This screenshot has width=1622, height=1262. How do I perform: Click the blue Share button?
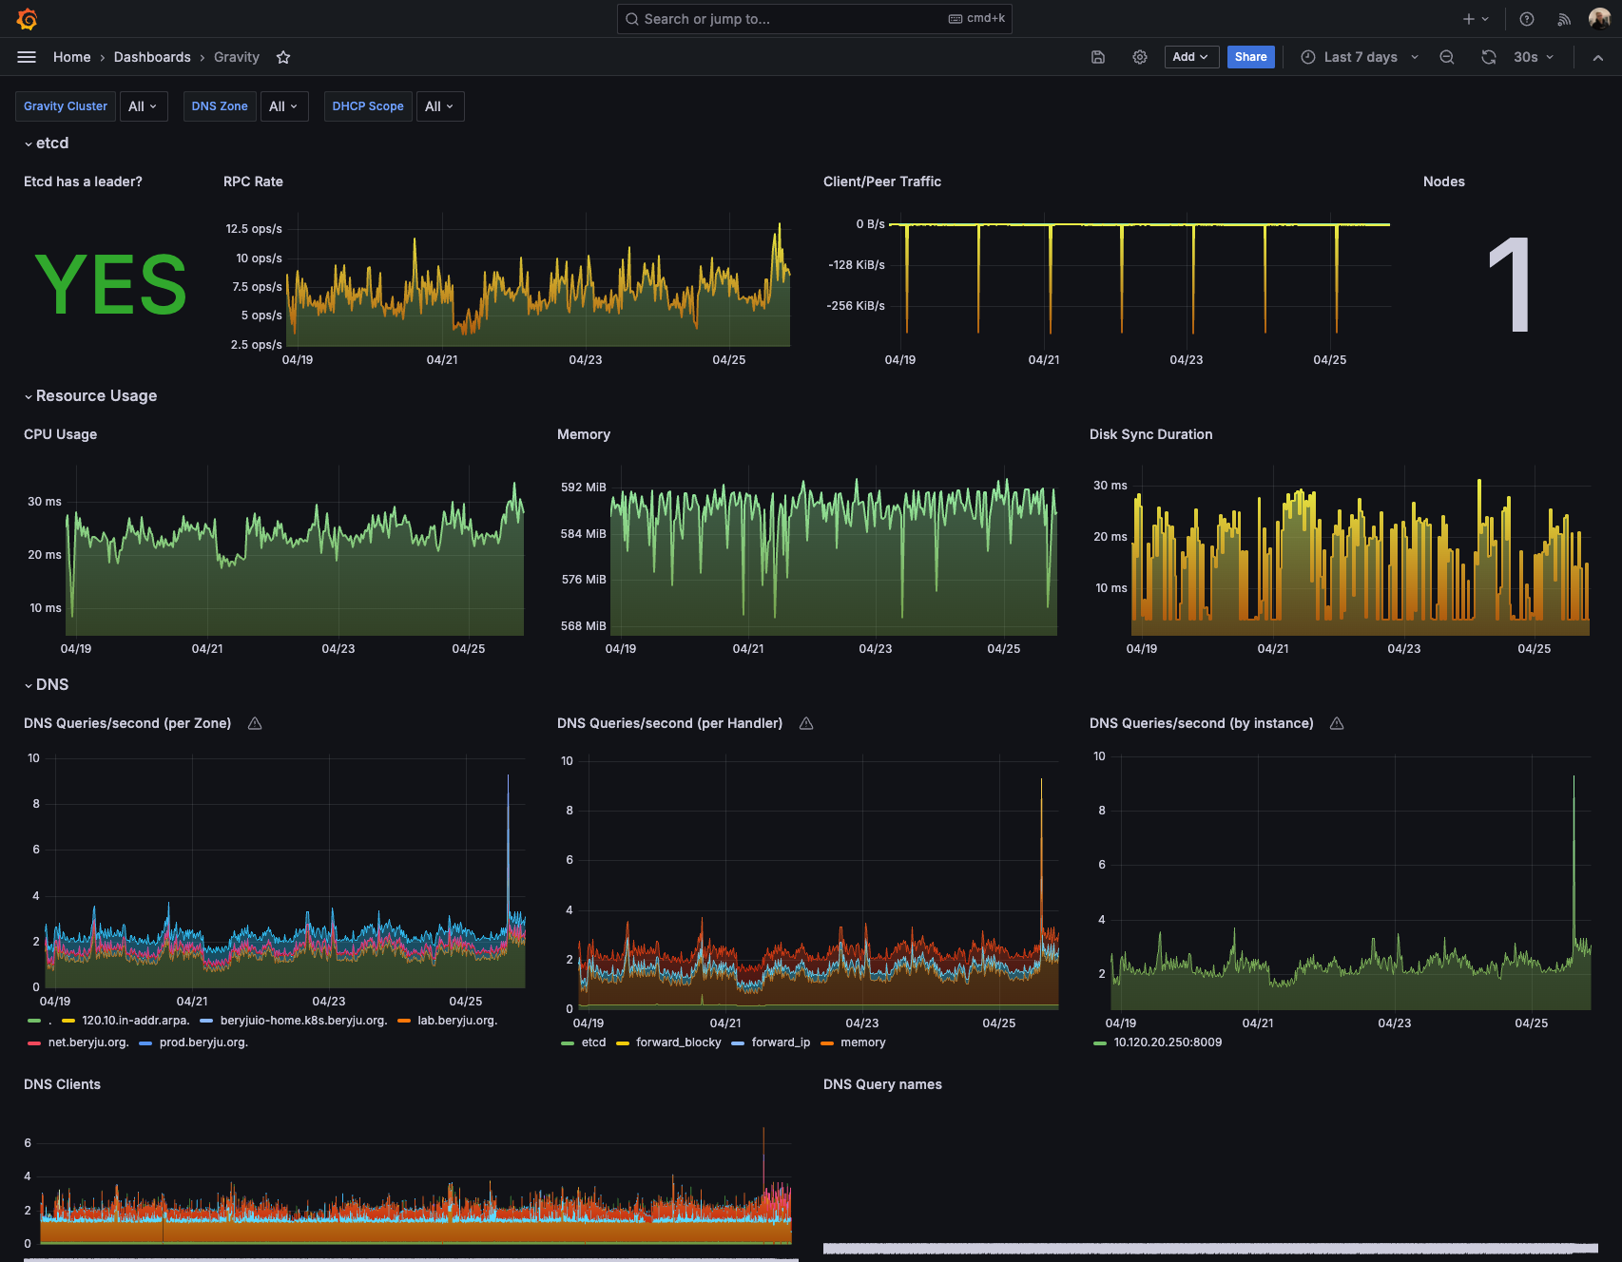pos(1250,57)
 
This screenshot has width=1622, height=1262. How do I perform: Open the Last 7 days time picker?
pos(1360,57)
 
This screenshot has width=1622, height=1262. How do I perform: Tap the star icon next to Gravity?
pos(283,57)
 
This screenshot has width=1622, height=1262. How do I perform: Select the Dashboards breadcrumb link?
pos(152,57)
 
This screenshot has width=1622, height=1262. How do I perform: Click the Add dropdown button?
pos(1191,57)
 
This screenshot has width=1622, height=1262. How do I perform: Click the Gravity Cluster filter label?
pos(66,106)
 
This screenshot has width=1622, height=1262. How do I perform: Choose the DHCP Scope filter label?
pos(368,106)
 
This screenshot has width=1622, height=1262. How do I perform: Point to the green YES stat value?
pos(111,284)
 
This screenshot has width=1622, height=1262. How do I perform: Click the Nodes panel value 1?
pos(1510,284)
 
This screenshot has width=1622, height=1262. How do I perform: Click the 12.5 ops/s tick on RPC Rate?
pos(254,229)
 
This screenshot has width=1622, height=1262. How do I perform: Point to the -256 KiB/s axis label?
pos(856,306)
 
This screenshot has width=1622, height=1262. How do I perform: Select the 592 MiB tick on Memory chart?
pos(583,488)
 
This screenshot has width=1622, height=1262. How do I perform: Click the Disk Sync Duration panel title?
pos(1150,434)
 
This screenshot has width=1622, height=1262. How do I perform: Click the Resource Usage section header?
pos(96,396)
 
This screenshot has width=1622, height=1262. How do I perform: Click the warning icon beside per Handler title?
pos(806,724)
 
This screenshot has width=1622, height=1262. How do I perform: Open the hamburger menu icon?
pos(27,57)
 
